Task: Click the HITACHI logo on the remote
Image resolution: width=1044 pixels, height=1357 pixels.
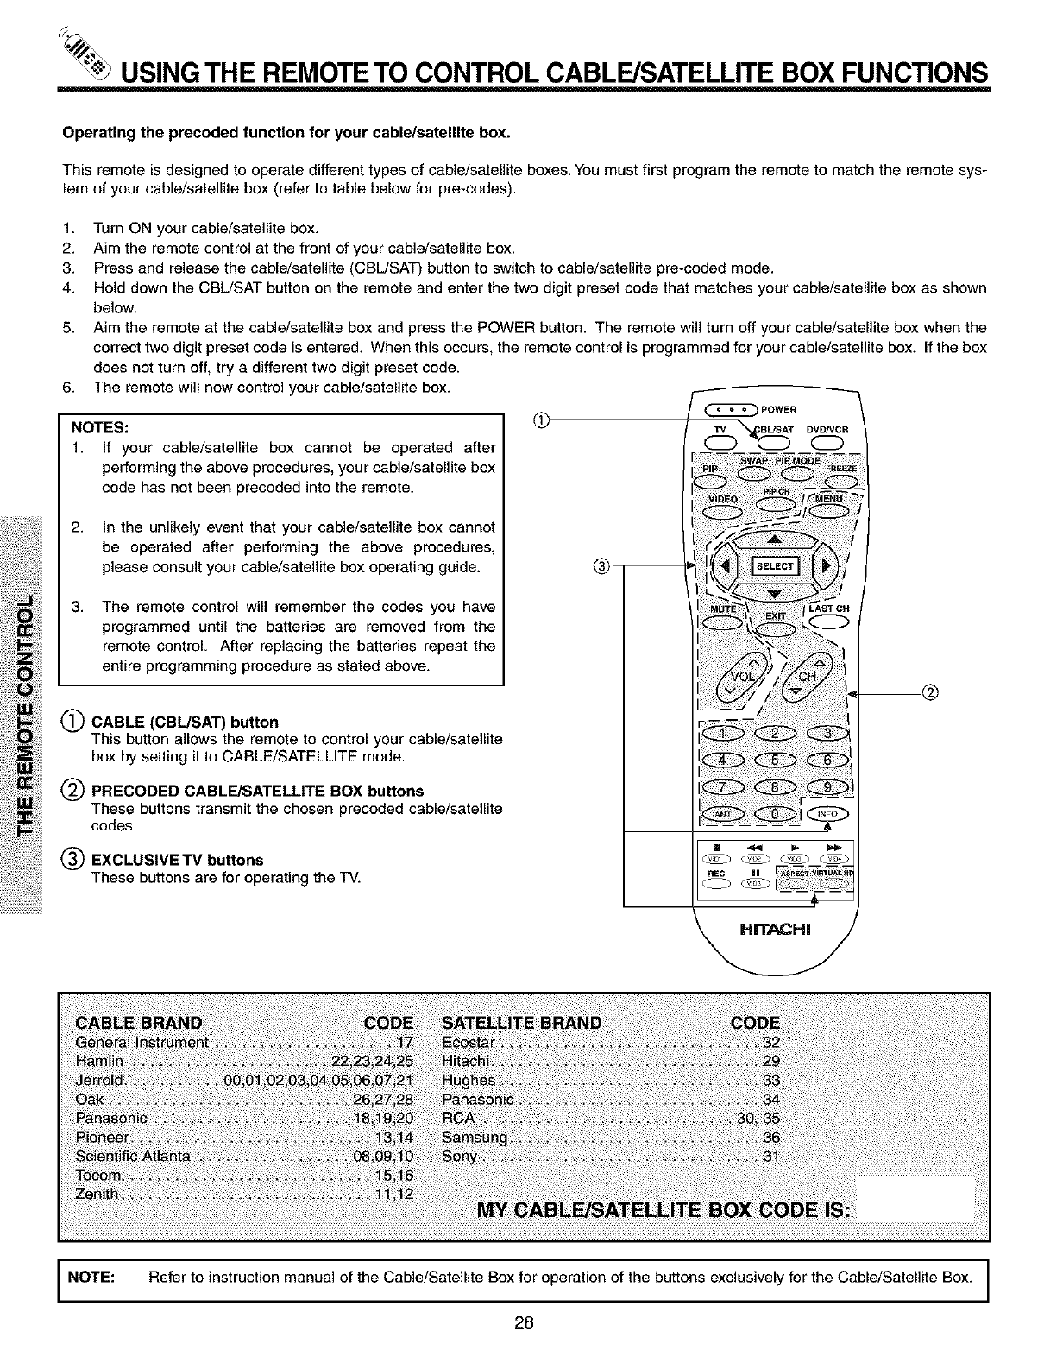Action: pyautogui.click(x=771, y=930)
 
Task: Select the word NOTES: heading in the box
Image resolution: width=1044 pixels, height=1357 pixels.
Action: pyautogui.click(x=100, y=427)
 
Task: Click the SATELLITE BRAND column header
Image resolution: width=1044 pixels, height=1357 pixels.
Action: pyautogui.click(x=522, y=1023)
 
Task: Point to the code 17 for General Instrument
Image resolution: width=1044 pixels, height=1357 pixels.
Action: pyautogui.click(x=405, y=1042)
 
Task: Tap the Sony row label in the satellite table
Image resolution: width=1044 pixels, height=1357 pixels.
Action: pyautogui.click(x=459, y=1156)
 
